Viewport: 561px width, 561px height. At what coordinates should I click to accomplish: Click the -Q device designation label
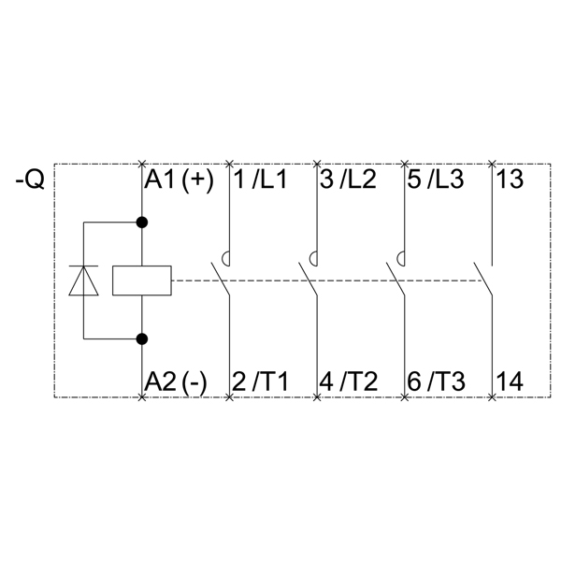[30, 180]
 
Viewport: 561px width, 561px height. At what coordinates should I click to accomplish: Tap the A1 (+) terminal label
[179, 180]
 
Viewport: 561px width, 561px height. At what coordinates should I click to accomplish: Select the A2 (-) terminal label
[176, 381]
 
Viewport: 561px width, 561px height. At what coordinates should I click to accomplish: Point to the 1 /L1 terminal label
[261, 180]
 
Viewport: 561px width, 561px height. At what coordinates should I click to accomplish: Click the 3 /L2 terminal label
[348, 180]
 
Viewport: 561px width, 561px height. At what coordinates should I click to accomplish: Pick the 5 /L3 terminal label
[436, 180]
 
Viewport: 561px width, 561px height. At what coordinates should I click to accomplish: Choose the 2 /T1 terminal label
[260, 381]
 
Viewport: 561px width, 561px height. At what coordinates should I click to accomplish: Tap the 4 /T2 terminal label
[348, 381]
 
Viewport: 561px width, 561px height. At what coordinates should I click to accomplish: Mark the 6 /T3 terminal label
[436, 381]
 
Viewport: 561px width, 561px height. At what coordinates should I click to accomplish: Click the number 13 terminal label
[511, 180]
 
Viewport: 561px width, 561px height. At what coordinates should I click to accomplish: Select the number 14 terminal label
[511, 381]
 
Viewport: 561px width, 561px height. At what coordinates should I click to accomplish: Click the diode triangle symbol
[84, 280]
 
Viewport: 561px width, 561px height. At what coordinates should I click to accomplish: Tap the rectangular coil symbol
[142, 280]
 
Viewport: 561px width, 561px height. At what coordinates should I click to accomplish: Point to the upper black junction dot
[142, 223]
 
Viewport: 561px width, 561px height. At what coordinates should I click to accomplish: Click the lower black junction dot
[142, 338]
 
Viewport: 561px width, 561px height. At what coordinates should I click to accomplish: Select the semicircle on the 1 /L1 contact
[225, 259]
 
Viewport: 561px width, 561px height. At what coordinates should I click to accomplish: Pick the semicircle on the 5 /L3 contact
[401, 259]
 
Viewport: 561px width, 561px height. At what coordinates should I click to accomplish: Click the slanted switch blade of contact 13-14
[483, 280]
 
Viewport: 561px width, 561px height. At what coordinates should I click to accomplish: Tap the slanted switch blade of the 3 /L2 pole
[308, 280]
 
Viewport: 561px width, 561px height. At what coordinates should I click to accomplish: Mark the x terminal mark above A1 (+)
[142, 165]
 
